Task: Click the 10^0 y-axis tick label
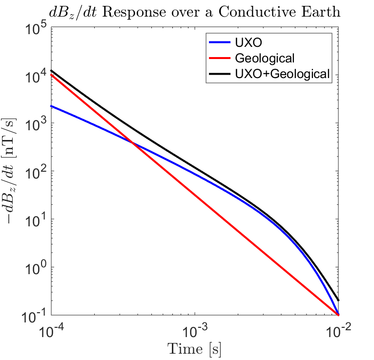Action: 36,267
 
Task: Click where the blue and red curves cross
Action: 132,142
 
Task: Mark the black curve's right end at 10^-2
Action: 338,300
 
